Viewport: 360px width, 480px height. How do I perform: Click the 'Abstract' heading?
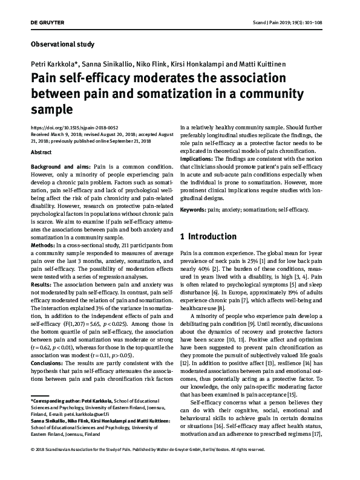point(41,154)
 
